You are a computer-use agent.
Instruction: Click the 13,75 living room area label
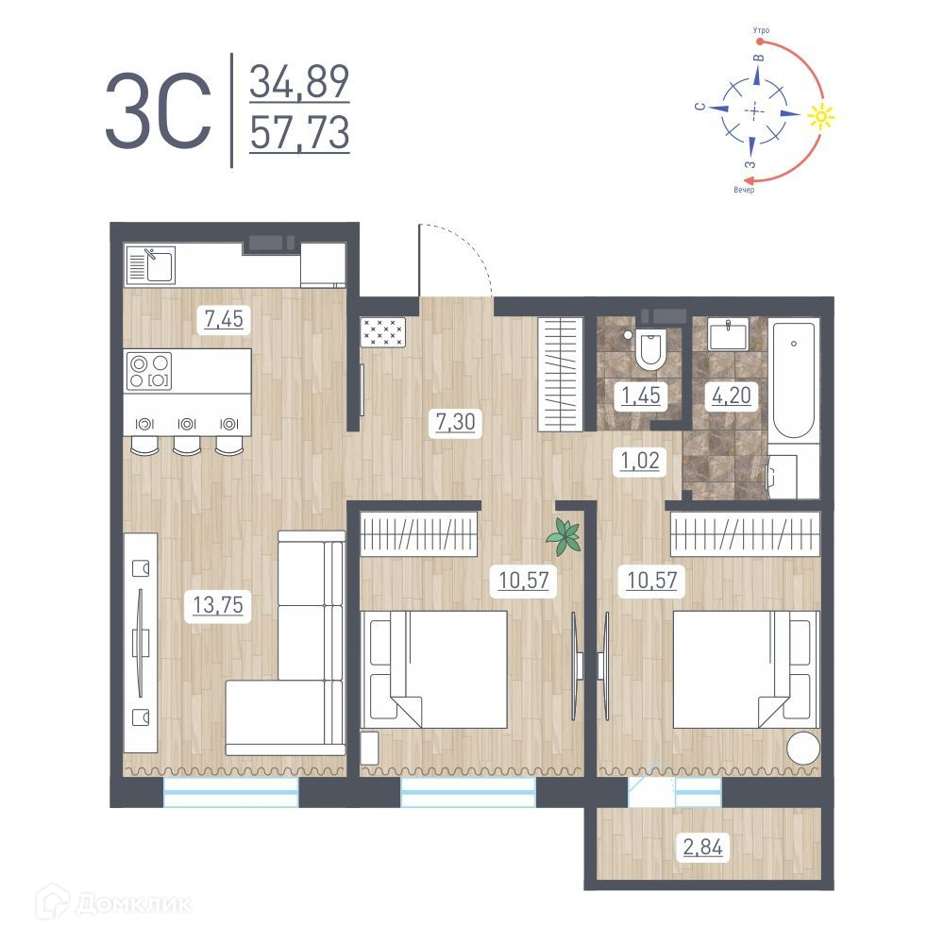pyautogui.click(x=218, y=604)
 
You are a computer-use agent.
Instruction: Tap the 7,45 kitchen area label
pyautogui.click(x=224, y=318)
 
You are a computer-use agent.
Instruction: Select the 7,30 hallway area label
pyautogui.click(x=456, y=421)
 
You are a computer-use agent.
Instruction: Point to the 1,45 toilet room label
pyautogui.click(x=641, y=396)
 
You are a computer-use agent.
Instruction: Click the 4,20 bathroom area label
pyautogui.click(x=732, y=395)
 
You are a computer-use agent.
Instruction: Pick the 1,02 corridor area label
pyautogui.click(x=640, y=461)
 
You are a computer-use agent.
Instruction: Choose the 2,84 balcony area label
pyautogui.click(x=702, y=847)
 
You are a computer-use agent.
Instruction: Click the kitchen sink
pyautogui.click(x=150, y=265)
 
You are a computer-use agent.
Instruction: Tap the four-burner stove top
pyautogui.click(x=149, y=371)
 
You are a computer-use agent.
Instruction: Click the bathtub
pyautogui.click(x=794, y=380)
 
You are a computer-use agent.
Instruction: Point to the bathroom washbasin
pyautogui.click(x=728, y=335)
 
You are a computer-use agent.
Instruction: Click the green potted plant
pyautogui.click(x=565, y=536)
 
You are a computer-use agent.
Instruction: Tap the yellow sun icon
pyautogui.click(x=821, y=115)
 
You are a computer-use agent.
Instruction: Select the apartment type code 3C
pyautogui.click(x=159, y=111)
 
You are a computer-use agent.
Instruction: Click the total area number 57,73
pyautogui.click(x=300, y=133)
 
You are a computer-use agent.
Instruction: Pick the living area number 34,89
pyautogui.click(x=300, y=81)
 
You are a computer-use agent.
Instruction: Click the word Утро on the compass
pyautogui.click(x=761, y=30)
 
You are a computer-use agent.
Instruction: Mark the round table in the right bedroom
pyautogui.click(x=803, y=749)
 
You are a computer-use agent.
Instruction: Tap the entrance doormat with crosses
pyautogui.click(x=383, y=332)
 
